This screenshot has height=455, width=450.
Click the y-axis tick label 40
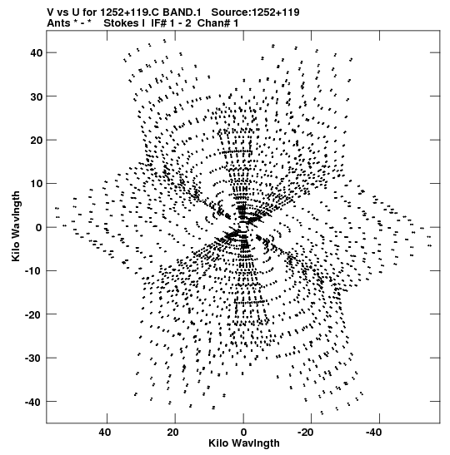coord(37,53)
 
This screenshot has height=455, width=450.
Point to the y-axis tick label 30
coord(37,96)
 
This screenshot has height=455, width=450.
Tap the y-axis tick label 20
coord(37,140)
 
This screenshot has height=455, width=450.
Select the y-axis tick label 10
coord(37,184)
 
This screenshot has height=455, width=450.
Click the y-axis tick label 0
coord(39,228)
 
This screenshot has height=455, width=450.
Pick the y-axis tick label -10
coord(33,271)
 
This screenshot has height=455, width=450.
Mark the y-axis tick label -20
coord(33,314)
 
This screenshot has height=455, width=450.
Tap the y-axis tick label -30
coord(33,359)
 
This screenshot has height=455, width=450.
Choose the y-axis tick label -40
coord(33,402)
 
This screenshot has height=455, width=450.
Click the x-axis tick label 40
coord(105,433)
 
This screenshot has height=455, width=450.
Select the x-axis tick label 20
coord(172,433)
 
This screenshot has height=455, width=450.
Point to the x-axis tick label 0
coord(243,433)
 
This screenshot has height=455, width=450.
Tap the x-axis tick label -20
coord(306,433)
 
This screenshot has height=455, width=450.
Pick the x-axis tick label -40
coord(373,433)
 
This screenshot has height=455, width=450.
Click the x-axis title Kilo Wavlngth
coord(244,443)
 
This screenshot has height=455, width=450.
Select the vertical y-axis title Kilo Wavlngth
coord(16,226)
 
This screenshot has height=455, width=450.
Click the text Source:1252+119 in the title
coord(255,12)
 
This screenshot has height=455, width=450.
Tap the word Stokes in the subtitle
coord(124,23)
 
